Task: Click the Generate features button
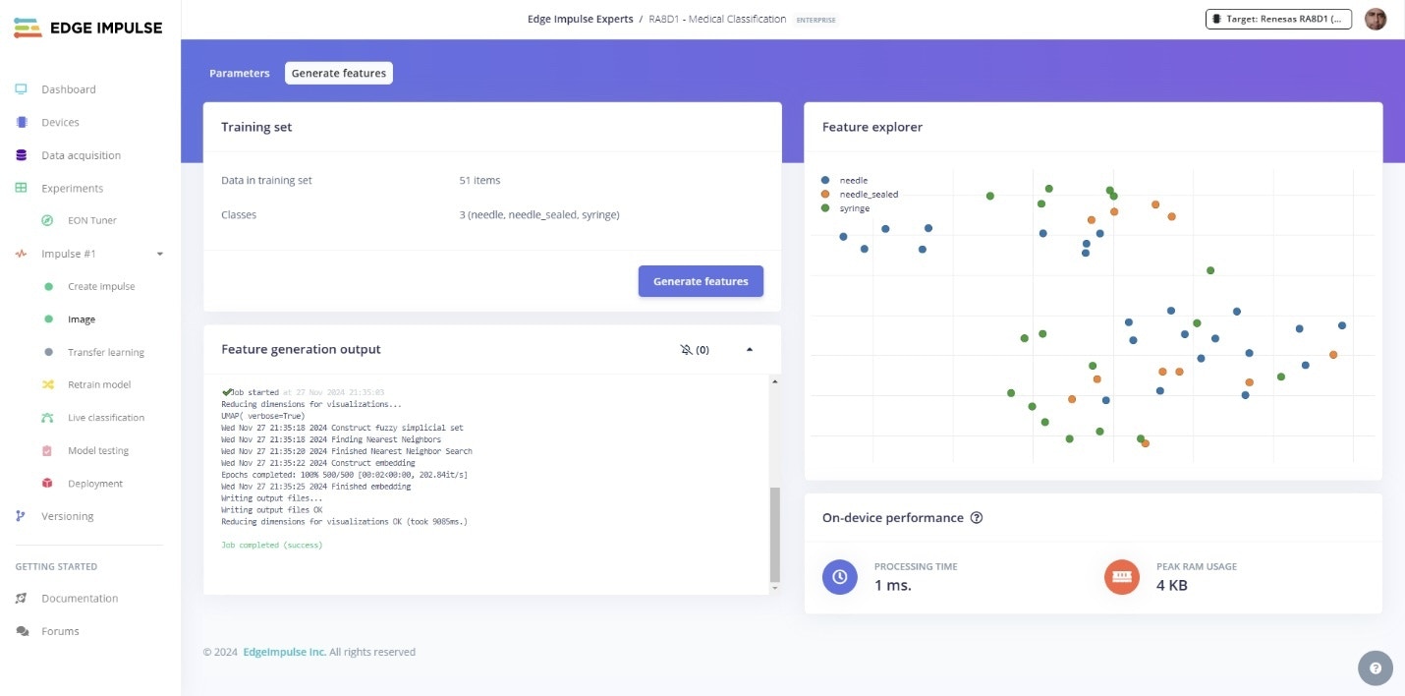(701, 281)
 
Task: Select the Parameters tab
(239, 74)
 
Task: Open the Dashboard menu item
(68, 89)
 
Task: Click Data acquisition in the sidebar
(81, 155)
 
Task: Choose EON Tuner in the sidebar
(91, 220)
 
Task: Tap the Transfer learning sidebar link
(105, 352)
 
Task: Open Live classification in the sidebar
(105, 418)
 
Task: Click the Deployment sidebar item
(94, 484)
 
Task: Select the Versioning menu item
(67, 516)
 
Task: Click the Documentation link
(79, 599)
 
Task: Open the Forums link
(60, 631)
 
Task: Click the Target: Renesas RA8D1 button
(1278, 19)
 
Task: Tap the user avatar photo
(1376, 19)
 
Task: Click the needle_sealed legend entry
(868, 195)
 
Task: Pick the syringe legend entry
(854, 208)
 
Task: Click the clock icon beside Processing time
(839, 577)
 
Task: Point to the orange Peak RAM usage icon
(1121, 577)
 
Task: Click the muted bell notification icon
(686, 350)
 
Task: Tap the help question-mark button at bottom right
(1375, 668)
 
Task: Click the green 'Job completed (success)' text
(271, 545)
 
